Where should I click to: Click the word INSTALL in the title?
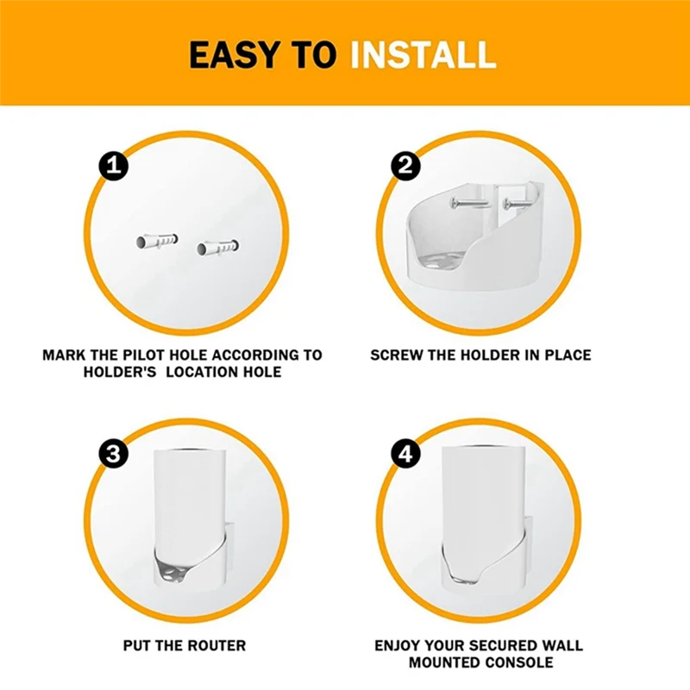tap(423, 55)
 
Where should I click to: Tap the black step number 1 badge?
tap(112, 166)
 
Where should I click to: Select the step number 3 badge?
tap(112, 455)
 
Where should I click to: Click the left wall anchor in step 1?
tap(156, 240)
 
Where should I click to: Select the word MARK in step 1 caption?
tap(62, 354)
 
